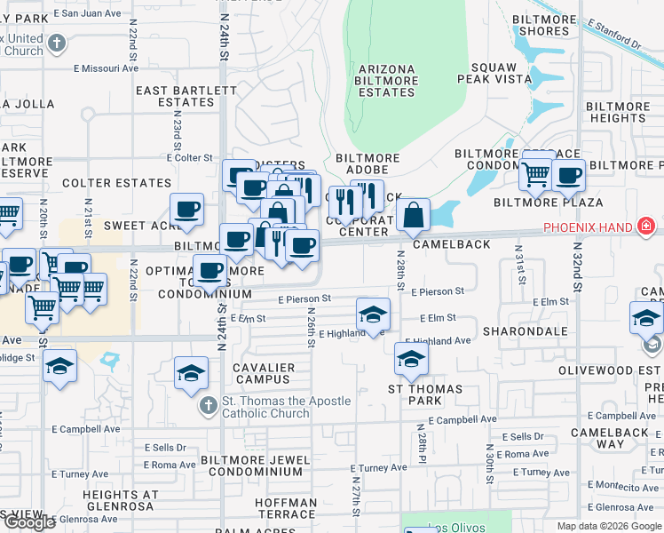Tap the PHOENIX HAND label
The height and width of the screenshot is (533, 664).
coord(588,227)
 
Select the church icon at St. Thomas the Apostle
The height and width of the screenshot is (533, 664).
coord(208,406)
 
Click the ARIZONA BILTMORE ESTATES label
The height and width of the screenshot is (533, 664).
coord(387,80)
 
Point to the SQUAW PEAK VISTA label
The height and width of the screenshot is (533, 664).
coord(502,73)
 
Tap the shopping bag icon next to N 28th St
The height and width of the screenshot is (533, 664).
coord(414,215)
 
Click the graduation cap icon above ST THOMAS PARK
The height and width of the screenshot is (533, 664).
coord(411,359)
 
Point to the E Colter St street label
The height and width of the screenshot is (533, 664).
coord(190,157)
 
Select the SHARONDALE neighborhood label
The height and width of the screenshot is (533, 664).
coord(525,331)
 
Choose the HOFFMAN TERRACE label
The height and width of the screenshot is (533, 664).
coord(286,508)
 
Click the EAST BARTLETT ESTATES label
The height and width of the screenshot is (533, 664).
coord(175,96)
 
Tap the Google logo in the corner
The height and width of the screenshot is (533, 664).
coord(28,522)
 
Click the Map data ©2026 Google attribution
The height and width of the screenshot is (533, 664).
coord(608,526)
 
